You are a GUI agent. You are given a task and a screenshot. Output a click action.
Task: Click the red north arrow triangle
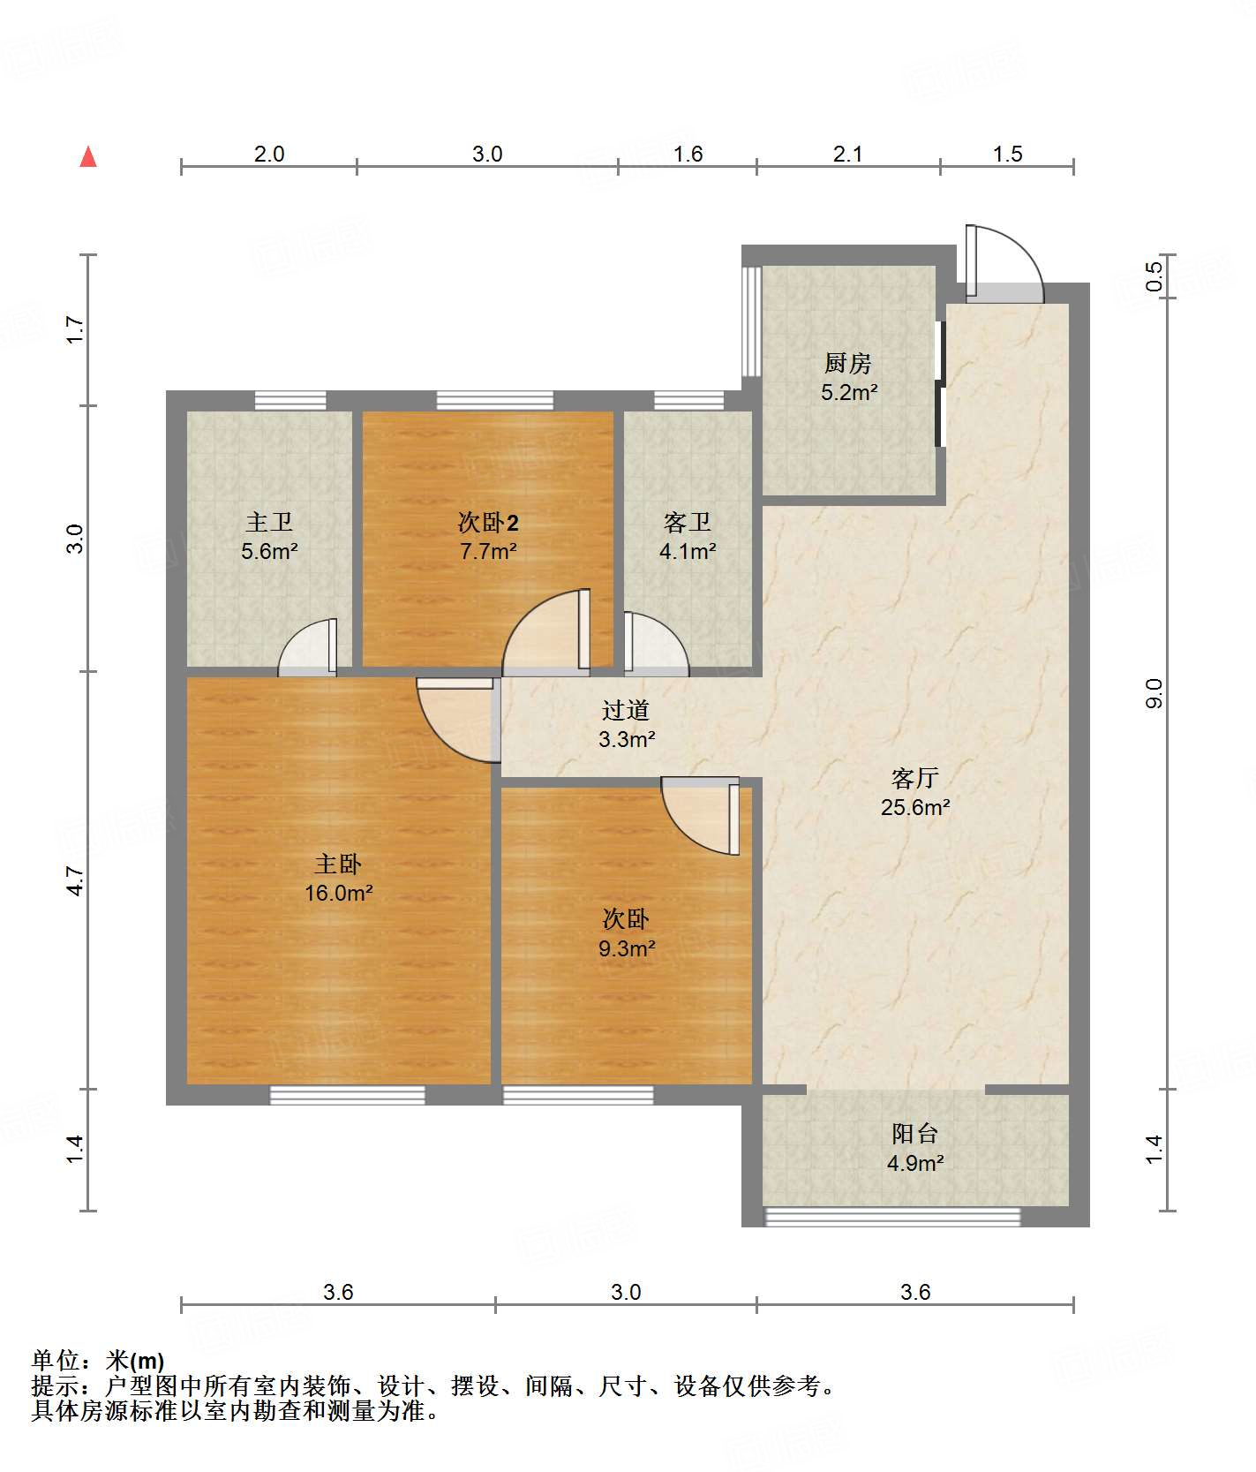88,156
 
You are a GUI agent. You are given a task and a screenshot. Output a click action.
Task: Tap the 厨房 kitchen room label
848,363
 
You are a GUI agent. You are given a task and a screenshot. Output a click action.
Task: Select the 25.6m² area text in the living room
915,807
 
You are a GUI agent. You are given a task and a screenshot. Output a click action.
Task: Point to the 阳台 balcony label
915,1133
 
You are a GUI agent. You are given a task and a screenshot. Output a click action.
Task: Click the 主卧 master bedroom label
338,864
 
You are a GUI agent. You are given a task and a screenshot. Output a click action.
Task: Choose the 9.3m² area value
627,948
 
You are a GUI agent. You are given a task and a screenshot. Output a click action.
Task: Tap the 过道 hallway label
626,710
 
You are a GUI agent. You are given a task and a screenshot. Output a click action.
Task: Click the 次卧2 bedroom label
488,522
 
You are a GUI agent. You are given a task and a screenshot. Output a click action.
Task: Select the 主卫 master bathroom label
269,522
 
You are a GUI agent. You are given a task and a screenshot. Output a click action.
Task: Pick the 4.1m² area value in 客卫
688,552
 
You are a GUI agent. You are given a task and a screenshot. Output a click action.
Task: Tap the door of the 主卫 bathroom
308,647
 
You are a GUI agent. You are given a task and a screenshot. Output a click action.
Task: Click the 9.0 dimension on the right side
1154,693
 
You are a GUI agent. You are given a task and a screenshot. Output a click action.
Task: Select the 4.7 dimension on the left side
76,880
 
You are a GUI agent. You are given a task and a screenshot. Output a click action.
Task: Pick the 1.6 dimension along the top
688,154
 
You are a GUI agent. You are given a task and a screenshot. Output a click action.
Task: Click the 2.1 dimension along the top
847,154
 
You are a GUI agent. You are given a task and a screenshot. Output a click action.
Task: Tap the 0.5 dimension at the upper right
1154,276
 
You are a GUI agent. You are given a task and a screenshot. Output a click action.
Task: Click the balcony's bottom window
892,1217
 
